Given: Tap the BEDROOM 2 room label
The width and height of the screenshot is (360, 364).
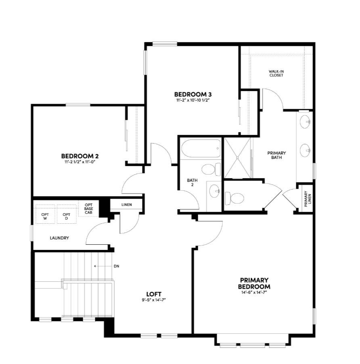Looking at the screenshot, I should tap(80, 156).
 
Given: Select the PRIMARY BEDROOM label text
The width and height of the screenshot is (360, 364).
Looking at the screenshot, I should tap(254, 283).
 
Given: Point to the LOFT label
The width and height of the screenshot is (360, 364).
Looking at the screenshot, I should tap(154, 294).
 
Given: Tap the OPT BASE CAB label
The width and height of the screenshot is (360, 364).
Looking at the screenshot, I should tap(88, 208).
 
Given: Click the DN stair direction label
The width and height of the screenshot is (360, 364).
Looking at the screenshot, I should tap(117, 266).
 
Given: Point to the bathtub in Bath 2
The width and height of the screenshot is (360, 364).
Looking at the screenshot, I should tap(201, 149).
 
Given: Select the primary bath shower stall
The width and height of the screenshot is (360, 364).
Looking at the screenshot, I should tap(237, 158).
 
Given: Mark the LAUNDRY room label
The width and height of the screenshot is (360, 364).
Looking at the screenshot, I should tap(59, 238).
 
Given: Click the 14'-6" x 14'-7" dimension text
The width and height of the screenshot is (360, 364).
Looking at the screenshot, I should tap(254, 292).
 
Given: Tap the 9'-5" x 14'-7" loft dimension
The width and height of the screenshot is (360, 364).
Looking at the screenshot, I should tap(154, 300).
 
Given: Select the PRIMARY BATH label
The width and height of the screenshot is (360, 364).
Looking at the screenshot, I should tap(277, 155).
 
